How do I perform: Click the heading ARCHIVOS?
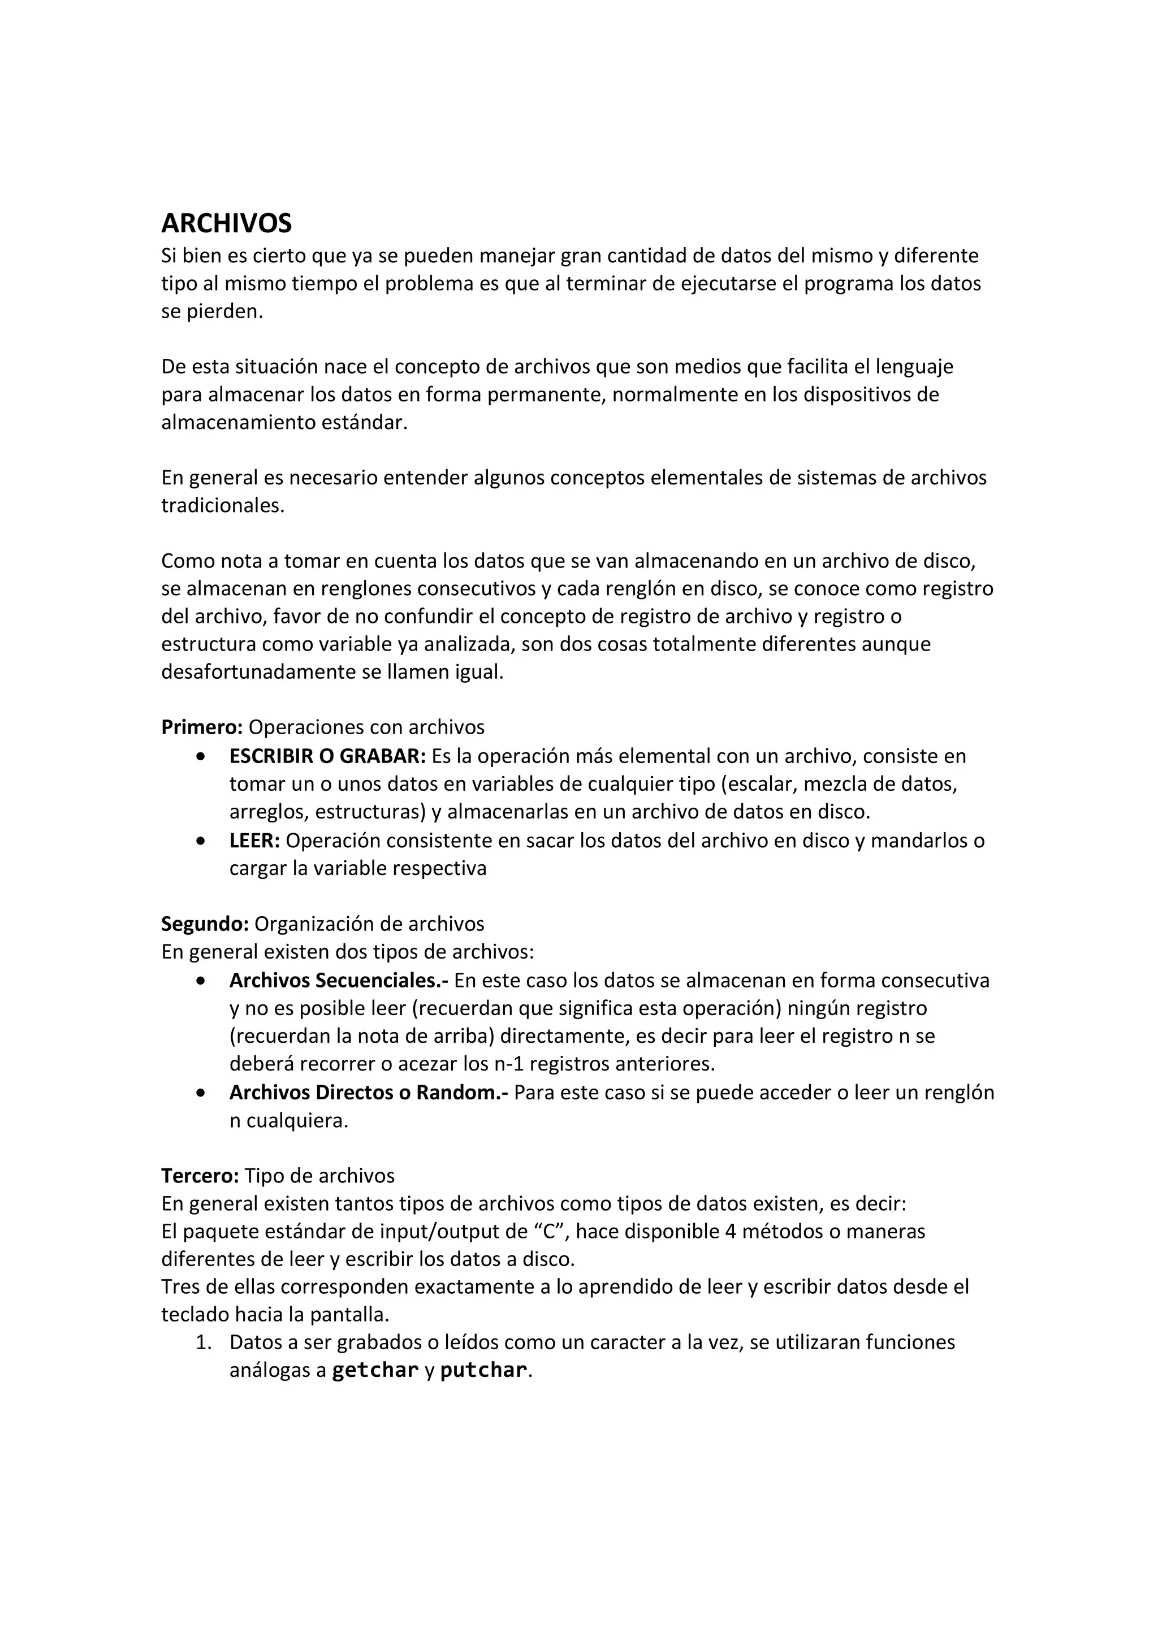(x=226, y=224)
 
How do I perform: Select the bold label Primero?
(x=202, y=727)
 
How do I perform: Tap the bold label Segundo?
(x=205, y=924)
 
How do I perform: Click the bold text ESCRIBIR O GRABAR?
(x=327, y=756)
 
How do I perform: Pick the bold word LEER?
(x=254, y=840)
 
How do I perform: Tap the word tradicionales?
(x=223, y=505)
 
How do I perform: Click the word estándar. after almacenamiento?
(x=365, y=422)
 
